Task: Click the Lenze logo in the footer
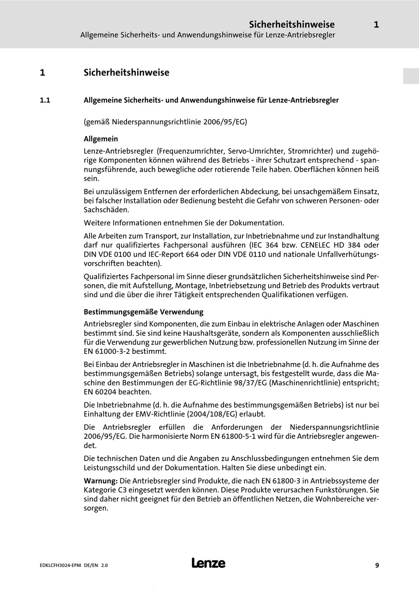pyautogui.click(x=208, y=563)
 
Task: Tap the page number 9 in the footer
pyautogui.click(x=377, y=565)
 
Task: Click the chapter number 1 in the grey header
pyautogui.click(x=376, y=25)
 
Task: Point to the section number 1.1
pyautogui.click(x=45, y=100)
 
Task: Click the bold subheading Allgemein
pyautogui.click(x=101, y=139)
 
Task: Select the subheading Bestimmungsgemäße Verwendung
pyautogui.click(x=143, y=312)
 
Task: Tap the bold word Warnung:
pyautogui.click(x=101, y=481)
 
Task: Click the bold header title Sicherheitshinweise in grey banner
pyautogui.click(x=292, y=25)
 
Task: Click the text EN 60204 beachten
pyautogui.click(x=117, y=392)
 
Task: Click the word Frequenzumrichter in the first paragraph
pyautogui.click(x=190, y=151)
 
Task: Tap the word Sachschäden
pyautogui.click(x=106, y=210)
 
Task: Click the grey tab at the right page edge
pyautogui.click(x=411, y=76)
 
